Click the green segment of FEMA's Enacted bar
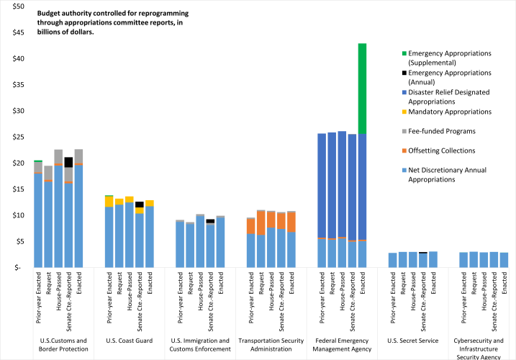point(362,88)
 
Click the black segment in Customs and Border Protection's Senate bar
point(68,162)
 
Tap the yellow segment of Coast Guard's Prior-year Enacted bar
point(109,201)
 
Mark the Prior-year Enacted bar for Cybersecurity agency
point(463,259)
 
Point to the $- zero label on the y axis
point(18,268)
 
